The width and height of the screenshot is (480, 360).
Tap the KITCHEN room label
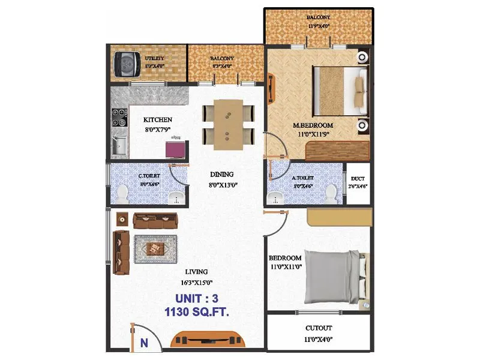157,119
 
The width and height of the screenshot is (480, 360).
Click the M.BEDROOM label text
313,125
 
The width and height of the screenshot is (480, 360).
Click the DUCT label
358,179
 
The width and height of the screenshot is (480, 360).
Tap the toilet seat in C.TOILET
122,194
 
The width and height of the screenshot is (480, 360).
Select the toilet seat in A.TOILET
331,193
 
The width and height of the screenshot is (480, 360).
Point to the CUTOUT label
319,329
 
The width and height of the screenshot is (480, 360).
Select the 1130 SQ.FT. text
197,313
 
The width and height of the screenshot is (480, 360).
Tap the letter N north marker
143,343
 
